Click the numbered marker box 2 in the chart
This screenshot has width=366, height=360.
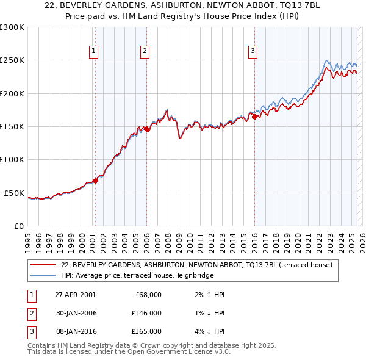click(145, 52)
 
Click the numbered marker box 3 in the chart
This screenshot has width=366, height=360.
click(252, 52)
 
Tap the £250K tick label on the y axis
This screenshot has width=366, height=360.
click(12, 60)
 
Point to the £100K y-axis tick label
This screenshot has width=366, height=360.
click(12, 160)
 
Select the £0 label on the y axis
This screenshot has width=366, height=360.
click(18, 226)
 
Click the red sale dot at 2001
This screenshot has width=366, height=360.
click(96, 181)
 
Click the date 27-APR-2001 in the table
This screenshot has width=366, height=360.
click(75, 295)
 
